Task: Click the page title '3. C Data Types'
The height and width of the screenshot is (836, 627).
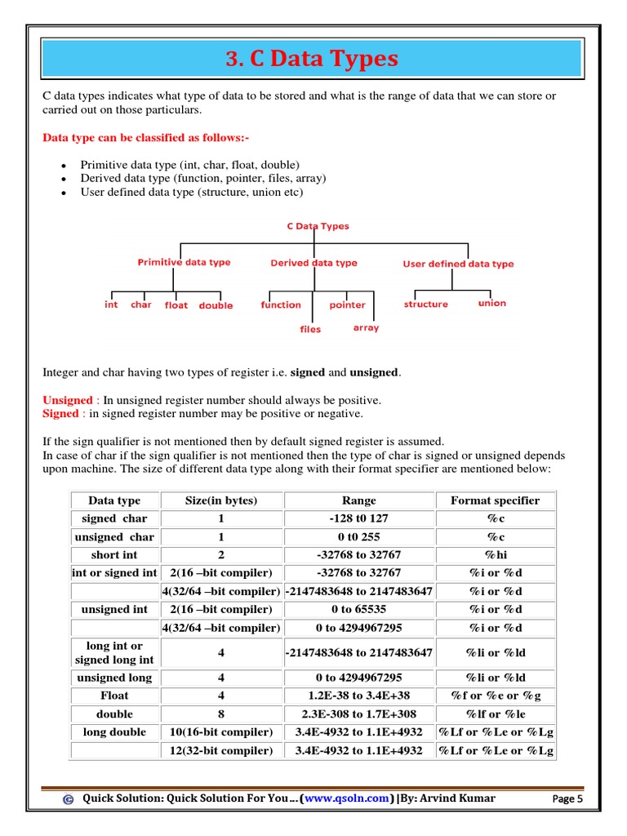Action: [x=313, y=60]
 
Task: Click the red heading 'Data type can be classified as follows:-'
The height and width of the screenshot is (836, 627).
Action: [x=145, y=138]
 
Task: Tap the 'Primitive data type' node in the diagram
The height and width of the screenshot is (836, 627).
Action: [x=184, y=263]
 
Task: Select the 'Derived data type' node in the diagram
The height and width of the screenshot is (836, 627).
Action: [x=313, y=264]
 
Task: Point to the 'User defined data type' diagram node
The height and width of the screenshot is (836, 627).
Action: [x=458, y=265]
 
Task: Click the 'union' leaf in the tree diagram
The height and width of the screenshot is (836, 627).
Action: [x=491, y=304]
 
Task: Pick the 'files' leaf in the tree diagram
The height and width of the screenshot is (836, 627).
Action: [x=310, y=330]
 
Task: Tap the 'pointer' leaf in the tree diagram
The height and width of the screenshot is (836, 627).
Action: [x=347, y=305]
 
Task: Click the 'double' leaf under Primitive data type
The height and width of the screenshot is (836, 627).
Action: [x=216, y=306]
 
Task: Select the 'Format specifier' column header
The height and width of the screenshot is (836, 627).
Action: [x=495, y=500]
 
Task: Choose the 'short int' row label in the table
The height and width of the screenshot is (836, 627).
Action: [x=114, y=555]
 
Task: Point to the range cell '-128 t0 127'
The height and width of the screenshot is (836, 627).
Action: [x=358, y=518]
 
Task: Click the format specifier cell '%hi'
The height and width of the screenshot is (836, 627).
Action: [x=495, y=555]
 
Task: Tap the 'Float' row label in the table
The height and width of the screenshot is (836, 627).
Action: [x=114, y=696]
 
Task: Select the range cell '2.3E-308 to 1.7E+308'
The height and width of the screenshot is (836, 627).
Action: [x=358, y=714]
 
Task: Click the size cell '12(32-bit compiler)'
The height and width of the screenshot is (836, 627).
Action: [x=220, y=751]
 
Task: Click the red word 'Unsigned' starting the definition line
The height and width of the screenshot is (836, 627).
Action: [x=68, y=401]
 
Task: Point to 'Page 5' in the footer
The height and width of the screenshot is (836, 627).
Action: [x=567, y=799]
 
